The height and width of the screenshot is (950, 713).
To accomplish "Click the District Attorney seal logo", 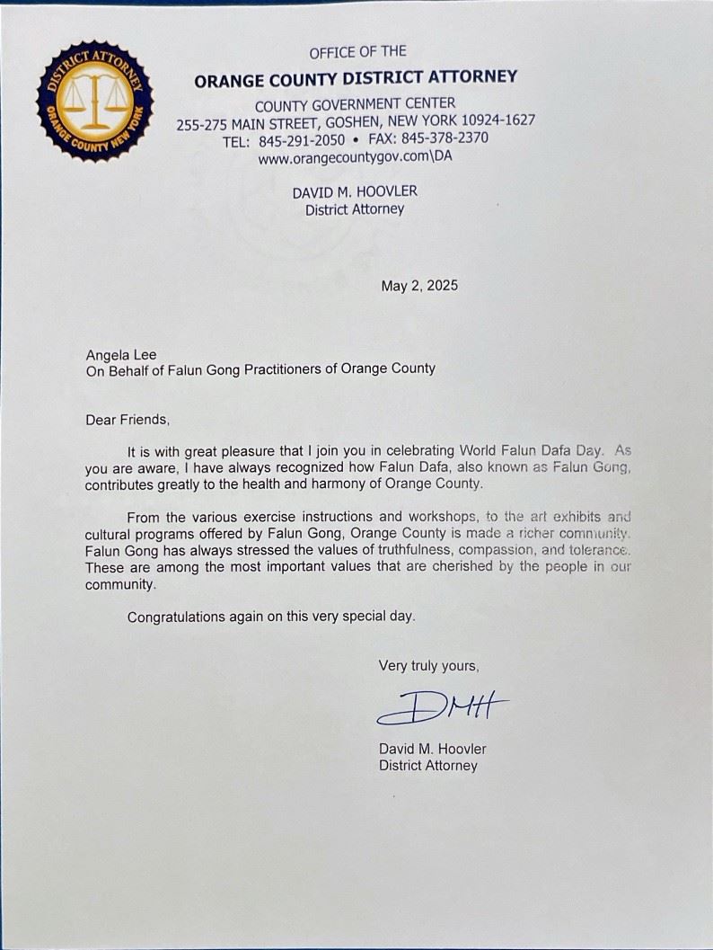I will tap(94, 101).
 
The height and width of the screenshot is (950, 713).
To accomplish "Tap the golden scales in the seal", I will tap(93, 98).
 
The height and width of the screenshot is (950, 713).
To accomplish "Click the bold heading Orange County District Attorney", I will tap(356, 78).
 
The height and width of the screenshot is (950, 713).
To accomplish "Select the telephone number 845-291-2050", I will tap(302, 140).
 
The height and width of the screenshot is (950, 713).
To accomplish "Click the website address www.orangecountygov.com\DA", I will tap(355, 158).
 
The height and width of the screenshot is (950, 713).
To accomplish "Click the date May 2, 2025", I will tap(419, 286).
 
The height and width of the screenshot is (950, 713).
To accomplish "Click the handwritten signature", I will tap(442, 706).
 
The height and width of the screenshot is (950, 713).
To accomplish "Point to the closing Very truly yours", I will tap(428, 666).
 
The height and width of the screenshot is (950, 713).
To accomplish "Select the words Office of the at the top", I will tap(357, 51).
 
